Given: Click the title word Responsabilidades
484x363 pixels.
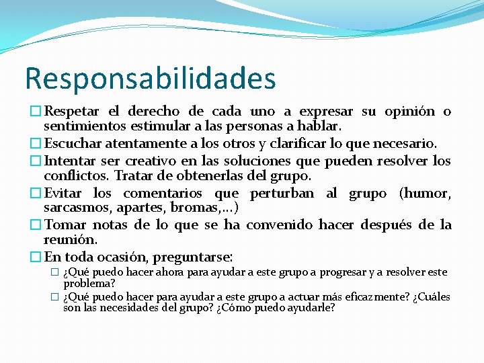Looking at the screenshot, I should pyautogui.click(x=150, y=79).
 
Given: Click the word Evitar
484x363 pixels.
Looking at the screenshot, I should pyautogui.click(x=65, y=194).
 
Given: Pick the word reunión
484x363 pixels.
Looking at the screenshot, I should pyautogui.click(x=71, y=239).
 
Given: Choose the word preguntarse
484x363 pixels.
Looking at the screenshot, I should pyautogui.click(x=192, y=257).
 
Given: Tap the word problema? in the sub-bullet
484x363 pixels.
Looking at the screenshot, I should pyautogui.click(x=89, y=283).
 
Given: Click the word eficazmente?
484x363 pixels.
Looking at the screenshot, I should pyautogui.click(x=379, y=296).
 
